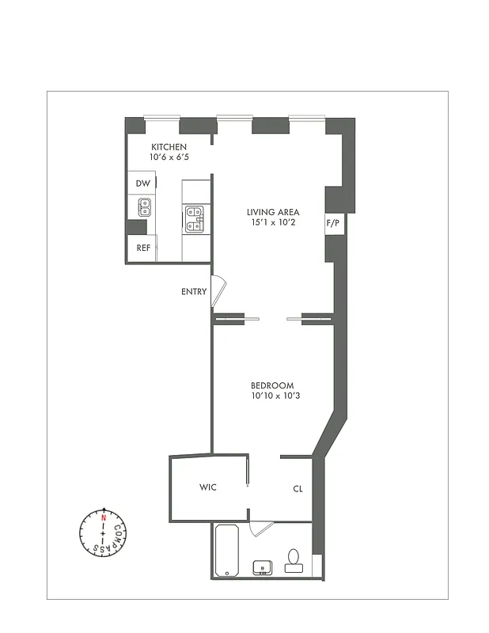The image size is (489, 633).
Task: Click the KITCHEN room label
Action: click(x=169, y=147)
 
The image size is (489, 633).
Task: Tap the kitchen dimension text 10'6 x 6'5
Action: click(x=169, y=157)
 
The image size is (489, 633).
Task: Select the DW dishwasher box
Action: click(x=142, y=184)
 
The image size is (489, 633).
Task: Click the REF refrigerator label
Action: click(x=143, y=248)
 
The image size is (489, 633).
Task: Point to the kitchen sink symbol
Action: click(x=145, y=207)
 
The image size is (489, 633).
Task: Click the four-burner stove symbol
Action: click(x=194, y=218)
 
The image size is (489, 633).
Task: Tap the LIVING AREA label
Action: click(x=272, y=212)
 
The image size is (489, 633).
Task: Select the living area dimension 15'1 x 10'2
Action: click(x=272, y=222)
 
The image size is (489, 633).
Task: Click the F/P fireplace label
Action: click(x=333, y=224)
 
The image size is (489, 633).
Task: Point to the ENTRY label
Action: click(x=194, y=292)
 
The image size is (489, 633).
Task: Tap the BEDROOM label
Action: click(x=272, y=385)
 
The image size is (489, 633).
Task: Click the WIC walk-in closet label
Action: click(x=207, y=487)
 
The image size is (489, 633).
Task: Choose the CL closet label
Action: click(x=298, y=489)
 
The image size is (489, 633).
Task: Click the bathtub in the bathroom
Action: click(x=228, y=550)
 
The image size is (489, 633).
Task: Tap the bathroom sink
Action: click(x=262, y=567)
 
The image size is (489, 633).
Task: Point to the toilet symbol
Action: click(x=294, y=561)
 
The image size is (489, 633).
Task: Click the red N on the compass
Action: click(x=103, y=517)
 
